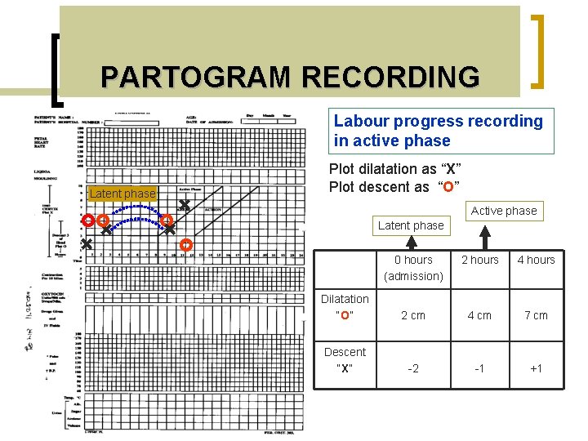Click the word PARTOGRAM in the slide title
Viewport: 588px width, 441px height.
[x=197, y=78]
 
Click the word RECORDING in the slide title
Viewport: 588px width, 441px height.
[x=390, y=78]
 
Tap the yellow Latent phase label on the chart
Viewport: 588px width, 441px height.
[x=122, y=194]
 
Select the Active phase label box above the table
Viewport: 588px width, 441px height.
[x=504, y=211]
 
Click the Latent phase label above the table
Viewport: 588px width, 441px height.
[x=411, y=225]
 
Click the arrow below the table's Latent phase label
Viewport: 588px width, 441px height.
[x=414, y=243]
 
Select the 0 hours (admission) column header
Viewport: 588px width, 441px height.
[x=414, y=268]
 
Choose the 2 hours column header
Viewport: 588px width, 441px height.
[x=480, y=260]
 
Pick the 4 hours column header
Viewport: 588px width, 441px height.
[x=536, y=260]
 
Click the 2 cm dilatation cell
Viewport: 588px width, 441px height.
[x=414, y=315]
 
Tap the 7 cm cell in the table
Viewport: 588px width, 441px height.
[x=536, y=315]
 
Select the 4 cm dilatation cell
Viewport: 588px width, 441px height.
[x=480, y=315]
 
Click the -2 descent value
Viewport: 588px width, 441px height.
[x=414, y=368]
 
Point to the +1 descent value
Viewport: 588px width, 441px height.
[x=536, y=368]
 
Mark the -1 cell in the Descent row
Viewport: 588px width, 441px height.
[x=480, y=368]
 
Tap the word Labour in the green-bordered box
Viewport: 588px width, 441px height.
[x=361, y=122]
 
